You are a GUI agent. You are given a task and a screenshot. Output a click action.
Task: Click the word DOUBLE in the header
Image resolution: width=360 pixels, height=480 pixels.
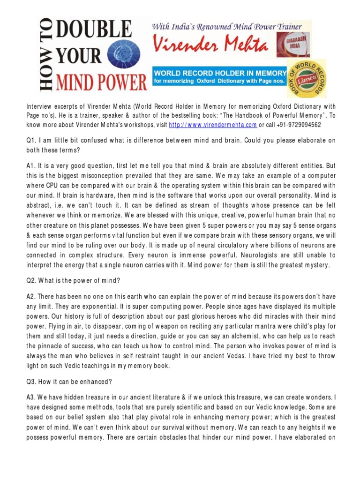[100, 31]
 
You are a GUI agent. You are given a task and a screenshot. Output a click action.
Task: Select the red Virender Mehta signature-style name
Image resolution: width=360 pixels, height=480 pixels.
[210, 46]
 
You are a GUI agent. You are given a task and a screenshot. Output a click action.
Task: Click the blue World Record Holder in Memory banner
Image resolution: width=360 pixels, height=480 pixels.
[219, 76]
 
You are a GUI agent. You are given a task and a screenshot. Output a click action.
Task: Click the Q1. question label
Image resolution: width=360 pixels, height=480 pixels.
[31, 140]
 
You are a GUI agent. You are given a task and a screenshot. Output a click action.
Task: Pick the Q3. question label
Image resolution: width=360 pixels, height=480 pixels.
[31, 382]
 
